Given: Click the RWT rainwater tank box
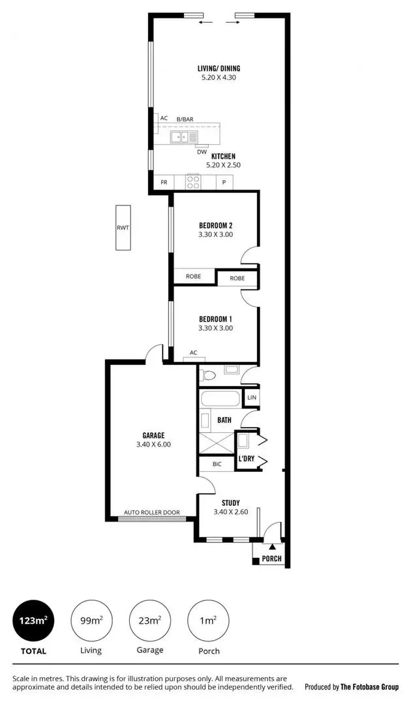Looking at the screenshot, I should pyautogui.click(x=123, y=227).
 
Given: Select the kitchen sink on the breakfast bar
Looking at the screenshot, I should pyautogui.click(x=185, y=137).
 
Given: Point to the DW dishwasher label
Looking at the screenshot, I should pyautogui.click(x=202, y=152).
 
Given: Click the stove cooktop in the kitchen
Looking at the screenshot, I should pyautogui.click(x=193, y=182).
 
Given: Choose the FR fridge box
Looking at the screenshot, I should pyautogui.click(x=164, y=183).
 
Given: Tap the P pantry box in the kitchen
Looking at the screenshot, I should pyautogui.click(x=224, y=183).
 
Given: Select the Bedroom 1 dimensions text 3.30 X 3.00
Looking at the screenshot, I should pyautogui.click(x=216, y=328).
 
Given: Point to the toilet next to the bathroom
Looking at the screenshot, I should pyautogui.click(x=208, y=375).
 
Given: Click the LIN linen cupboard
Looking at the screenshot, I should pyautogui.click(x=251, y=397).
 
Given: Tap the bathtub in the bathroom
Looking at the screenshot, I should pyautogui.click(x=221, y=398).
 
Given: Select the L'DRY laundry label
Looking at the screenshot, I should pyautogui.click(x=246, y=459).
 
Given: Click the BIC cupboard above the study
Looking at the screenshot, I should pyautogui.click(x=217, y=465).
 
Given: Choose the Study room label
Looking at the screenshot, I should pyautogui.click(x=230, y=503).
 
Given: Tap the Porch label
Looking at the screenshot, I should pyautogui.click(x=271, y=559).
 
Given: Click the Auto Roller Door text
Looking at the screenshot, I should pyautogui.click(x=152, y=512).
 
